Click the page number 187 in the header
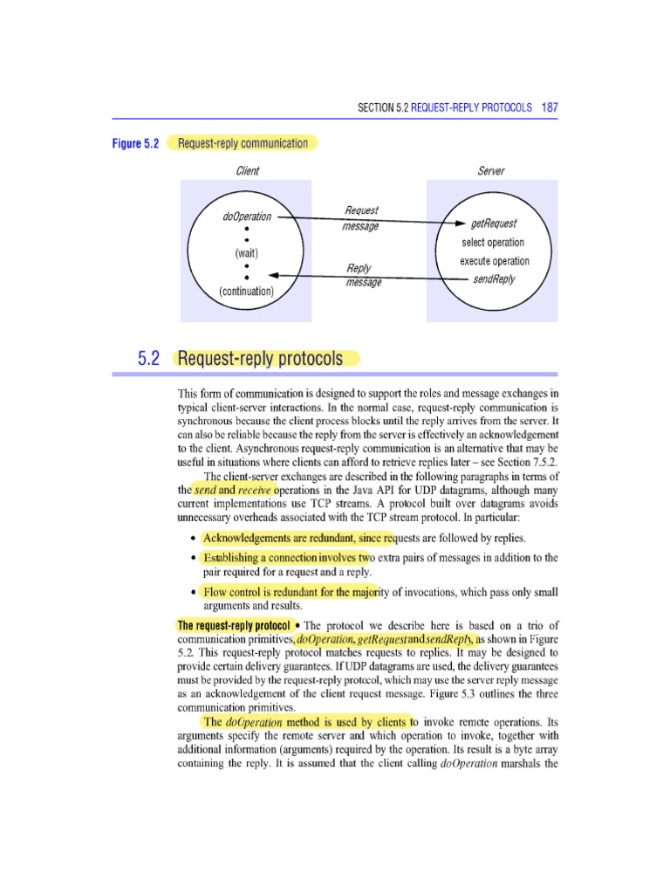pos(550,107)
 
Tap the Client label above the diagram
pos(248,171)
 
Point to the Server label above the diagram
pos(491,171)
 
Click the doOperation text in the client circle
pos(248,217)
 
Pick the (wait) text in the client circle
pos(248,253)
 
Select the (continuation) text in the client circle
pos(248,291)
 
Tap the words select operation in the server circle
pos(494,243)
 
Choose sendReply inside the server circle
pos(494,279)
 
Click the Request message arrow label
pos(361,218)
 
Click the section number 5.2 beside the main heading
pos(152,358)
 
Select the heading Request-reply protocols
pos(266,358)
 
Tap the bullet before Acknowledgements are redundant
pos(192,537)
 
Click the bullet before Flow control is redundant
pos(192,594)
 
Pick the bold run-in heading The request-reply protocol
pos(233,625)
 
